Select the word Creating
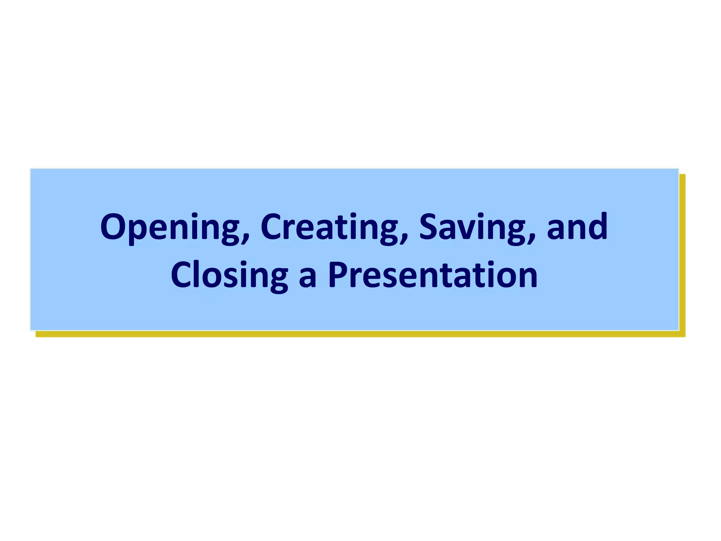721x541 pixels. pyautogui.click(x=329, y=227)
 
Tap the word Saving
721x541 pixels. pyautogui.click(x=472, y=227)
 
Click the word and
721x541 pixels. pyautogui.click(x=577, y=227)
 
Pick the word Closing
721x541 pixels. pyautogui.click(x=229, y=275)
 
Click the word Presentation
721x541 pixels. pyautogui.click(x=433, y=275)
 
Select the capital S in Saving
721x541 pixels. pyautogui.click(x=430, y=227)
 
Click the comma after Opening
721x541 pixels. pyautogui.click(x=245, y=240)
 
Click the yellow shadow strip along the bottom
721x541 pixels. pyautogui.click(x=352, y=334)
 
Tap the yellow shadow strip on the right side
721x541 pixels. pyautogui.click(x=682, y=254)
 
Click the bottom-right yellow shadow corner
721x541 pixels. pyautogui.click(x=682, y=334)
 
